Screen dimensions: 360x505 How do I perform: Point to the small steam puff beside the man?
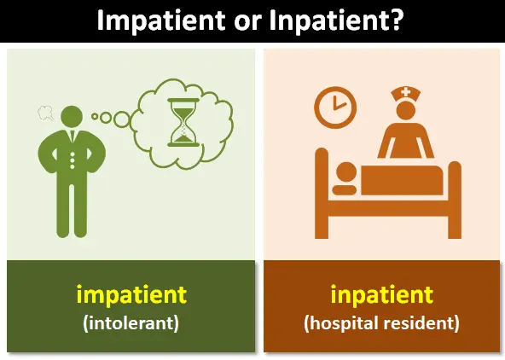click(44, 111)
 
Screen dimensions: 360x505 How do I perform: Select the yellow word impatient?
click(131, 295)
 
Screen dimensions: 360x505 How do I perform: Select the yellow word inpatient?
click(381, 295)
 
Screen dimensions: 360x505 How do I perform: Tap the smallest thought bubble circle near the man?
click(95, 117)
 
